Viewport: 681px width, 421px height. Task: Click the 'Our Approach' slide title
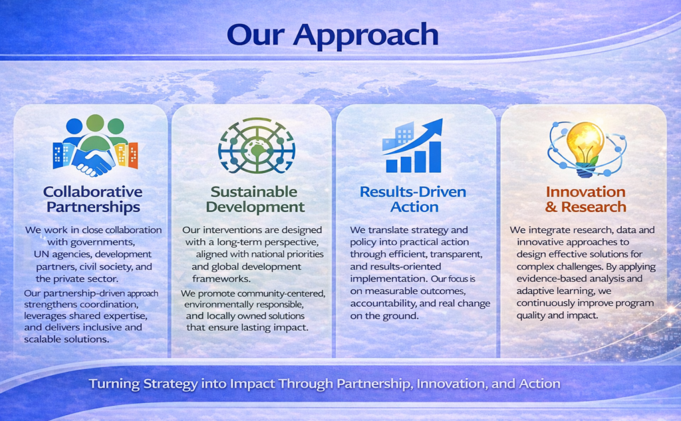click(333, 35)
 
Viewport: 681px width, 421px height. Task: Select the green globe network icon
click(257, 146)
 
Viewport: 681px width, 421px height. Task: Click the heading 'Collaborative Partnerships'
click(93, 199)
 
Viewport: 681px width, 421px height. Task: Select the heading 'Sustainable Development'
click(255, 199)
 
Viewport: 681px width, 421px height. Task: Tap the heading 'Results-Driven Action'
click(413, 199)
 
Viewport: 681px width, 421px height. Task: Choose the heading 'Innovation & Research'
click(585, 199)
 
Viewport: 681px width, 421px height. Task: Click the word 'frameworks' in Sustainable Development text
click(221, 279)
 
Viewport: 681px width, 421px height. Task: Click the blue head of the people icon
click(74, 126)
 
